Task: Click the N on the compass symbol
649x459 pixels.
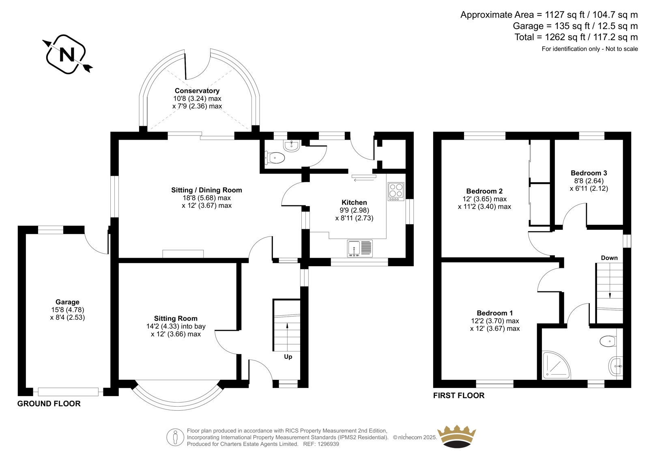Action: coord(67,54)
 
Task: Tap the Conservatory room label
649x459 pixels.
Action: coord(197,91)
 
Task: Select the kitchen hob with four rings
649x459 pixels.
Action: coord(396,192)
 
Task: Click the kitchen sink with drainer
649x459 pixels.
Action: coord(359,248)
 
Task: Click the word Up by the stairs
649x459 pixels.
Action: coord(288,357)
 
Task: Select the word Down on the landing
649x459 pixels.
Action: coord(609,258)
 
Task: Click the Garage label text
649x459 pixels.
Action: coord(67,302)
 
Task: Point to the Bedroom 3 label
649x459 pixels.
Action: coord(589,173)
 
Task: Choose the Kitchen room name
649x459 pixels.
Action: coord(354,203)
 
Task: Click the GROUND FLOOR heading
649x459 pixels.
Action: coord(49,404)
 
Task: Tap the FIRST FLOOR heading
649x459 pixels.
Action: coord(459,396)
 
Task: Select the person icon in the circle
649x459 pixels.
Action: coord(175,437)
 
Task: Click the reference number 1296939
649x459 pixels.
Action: coord(328,444)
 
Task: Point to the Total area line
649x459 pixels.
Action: coord(576,37)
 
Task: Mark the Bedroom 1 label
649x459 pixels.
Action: coord(495,313)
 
